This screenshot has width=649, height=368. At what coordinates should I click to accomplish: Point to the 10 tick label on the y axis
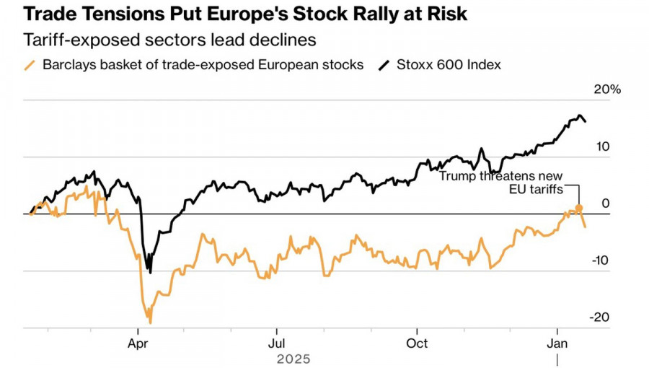[x=603, y=146]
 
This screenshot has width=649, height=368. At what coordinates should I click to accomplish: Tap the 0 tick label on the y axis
[x=606, y=203]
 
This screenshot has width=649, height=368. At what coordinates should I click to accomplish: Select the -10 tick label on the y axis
[x=600, y=260]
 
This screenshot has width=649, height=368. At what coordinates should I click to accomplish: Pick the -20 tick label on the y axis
[x=600, y=317]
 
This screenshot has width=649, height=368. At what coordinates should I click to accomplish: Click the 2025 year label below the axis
[x=293, y=359]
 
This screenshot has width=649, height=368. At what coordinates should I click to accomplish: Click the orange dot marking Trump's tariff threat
[x=578, y=208]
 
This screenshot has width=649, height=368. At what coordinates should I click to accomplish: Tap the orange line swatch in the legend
[x=30, y=65]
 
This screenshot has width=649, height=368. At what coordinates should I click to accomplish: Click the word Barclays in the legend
[x=67, y=65]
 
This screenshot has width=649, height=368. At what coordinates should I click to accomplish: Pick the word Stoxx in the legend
[x=413, y=65]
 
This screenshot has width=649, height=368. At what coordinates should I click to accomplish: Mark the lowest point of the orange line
[x=150, y=323]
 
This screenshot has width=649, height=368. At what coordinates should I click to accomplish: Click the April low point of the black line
[x=150, y=272]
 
